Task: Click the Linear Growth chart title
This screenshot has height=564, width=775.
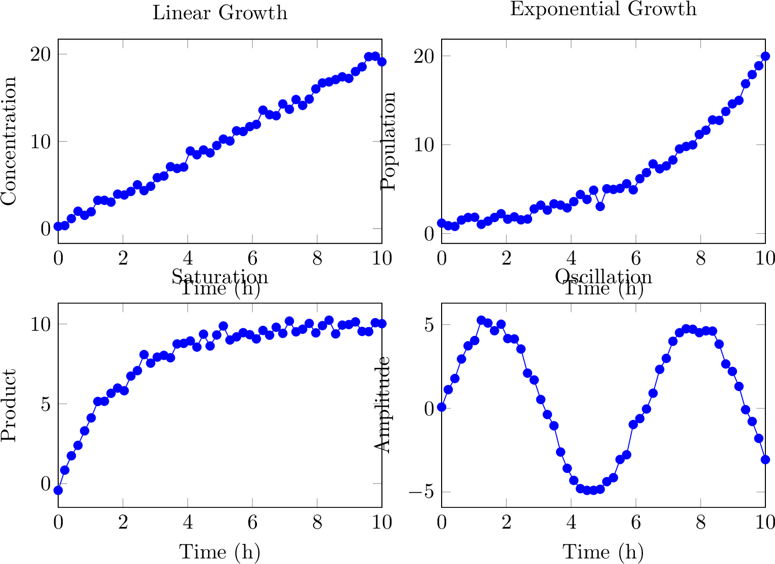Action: click(220, 13)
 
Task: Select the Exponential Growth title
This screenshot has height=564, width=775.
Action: click(603, 9)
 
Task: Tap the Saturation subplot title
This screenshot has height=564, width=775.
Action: click(220, 277)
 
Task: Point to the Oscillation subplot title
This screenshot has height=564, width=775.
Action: click(603, 277)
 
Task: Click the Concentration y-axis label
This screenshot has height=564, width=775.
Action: click(9, 141)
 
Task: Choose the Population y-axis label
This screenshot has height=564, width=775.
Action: click(389, 141)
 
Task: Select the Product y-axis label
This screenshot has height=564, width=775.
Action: click(9, 405)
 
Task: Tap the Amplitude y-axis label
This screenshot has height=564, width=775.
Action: click(383, 405)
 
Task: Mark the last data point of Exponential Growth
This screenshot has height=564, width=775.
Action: click(765, 56)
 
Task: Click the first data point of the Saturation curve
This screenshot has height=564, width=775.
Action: click(58, 490)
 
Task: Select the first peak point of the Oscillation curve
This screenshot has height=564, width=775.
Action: click(481, 320)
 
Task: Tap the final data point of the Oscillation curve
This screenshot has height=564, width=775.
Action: click(765, 459)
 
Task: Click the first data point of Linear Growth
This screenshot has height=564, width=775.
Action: click(58, 226)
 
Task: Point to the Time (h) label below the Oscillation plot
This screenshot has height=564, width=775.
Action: click(603, 552)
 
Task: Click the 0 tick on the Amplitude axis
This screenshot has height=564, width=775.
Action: click(429, 408)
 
